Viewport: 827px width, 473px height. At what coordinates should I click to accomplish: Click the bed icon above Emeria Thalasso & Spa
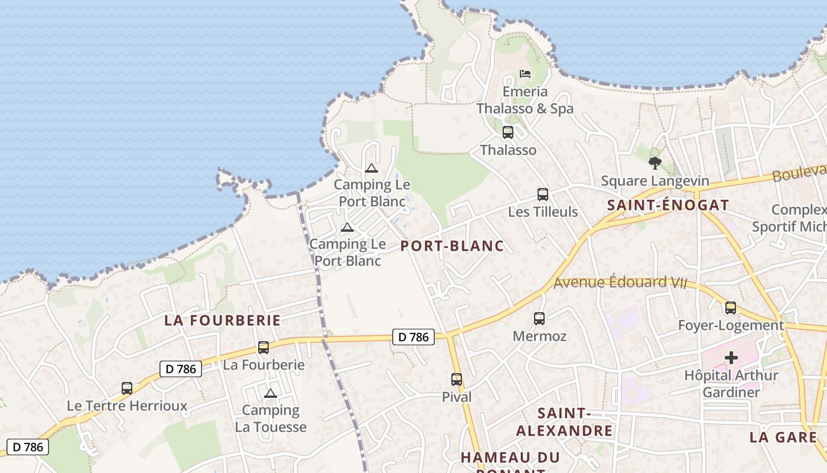[x=525, y=74]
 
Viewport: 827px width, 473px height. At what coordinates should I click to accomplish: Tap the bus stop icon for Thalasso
[x=507, y=132]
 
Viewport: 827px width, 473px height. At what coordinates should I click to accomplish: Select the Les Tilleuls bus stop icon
[x=542, y=194]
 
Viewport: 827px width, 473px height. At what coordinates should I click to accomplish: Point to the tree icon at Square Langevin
[x=655, y=163]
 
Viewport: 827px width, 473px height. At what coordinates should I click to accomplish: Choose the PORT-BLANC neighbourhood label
[x=452, y=246]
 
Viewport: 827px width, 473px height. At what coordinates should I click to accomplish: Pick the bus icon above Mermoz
[x=539, y=319]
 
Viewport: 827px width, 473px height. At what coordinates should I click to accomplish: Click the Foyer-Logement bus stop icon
[x=731, y=307]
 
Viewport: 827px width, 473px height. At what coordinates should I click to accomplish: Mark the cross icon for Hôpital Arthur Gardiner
[x=731, y=357]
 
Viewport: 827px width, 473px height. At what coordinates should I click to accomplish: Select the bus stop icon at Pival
[x=456, y=379]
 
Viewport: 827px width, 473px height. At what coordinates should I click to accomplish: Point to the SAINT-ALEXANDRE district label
[x=564, y=422]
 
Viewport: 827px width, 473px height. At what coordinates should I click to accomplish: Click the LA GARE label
[x=783, y=438]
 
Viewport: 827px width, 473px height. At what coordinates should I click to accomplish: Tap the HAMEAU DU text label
[x=510, y=458]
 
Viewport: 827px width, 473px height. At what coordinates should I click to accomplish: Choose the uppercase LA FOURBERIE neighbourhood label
[x=223, y=320]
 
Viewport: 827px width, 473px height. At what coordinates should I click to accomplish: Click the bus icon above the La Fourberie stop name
[x=263, y=348]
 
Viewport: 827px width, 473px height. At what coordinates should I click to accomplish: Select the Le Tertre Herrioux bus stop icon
[x=126, y=388]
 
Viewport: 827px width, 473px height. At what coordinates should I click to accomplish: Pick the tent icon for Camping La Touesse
[x=271, y=393]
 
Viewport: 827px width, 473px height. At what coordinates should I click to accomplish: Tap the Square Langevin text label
[x=655, y=181]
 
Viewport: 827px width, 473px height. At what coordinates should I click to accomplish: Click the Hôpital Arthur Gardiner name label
[x=731, y=384]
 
